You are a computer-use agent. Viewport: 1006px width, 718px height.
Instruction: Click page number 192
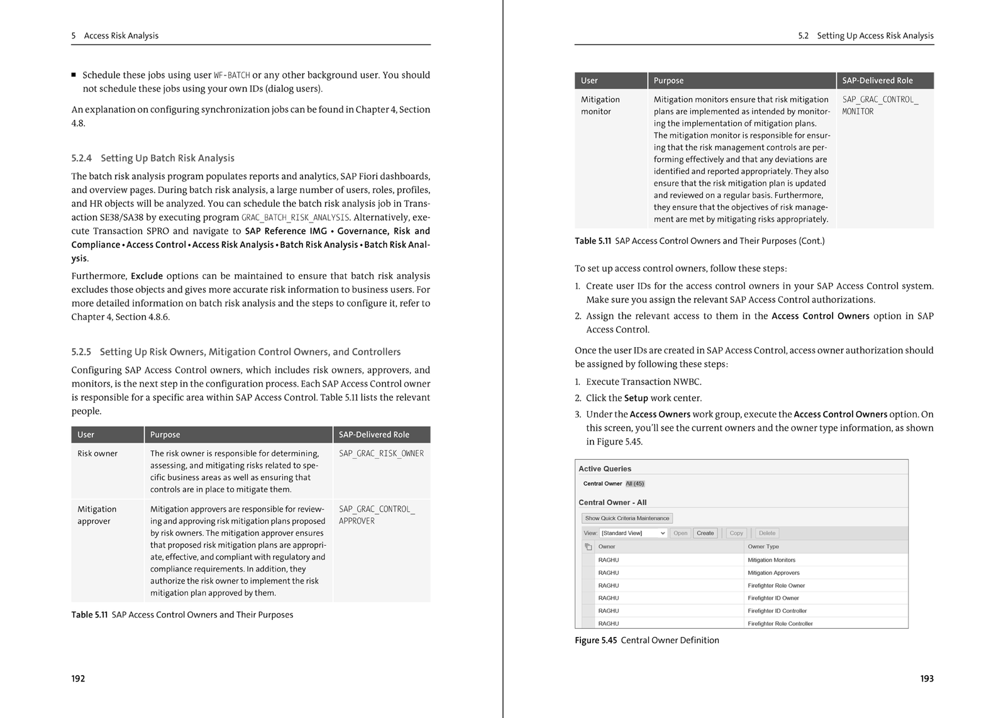(x=78, y=678)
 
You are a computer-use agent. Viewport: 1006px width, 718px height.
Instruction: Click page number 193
(x=927, y=678)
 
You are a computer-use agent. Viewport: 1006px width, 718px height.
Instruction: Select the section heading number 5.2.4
(x=81, y=158)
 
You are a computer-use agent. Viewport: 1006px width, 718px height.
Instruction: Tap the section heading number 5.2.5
(x=81, y=352)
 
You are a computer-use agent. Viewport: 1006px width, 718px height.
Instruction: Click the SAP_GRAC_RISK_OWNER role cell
(x=381, y=453)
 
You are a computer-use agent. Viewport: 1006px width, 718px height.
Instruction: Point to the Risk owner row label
(x=97, y=453)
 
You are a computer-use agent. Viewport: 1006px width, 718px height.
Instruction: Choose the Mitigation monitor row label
(x=600, y=106)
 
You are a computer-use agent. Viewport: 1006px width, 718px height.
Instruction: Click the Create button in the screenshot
(x=705, y=533)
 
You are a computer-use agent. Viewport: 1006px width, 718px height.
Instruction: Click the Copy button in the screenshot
(x=736, y=533)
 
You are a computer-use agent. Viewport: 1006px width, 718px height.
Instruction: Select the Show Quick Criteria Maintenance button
(x=627, y=518)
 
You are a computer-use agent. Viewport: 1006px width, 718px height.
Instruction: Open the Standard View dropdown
(x=633, y=533)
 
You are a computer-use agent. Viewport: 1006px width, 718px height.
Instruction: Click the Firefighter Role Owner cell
(x=776, y=585)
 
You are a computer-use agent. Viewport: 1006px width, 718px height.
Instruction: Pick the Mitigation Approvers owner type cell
(x=773, y=573)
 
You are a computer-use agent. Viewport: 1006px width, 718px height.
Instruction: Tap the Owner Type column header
(x=763, y=546)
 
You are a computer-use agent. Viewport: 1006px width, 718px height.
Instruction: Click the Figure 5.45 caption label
(x=595, y=640)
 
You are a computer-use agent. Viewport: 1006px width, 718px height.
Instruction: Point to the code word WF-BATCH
(x=232, y=75)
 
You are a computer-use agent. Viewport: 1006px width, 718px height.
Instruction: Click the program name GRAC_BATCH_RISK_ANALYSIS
(x=295, y=218)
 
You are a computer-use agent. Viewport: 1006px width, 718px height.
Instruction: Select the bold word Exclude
(x=146, y=276)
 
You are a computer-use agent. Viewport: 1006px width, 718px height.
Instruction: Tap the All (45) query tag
(x=635, y=483)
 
